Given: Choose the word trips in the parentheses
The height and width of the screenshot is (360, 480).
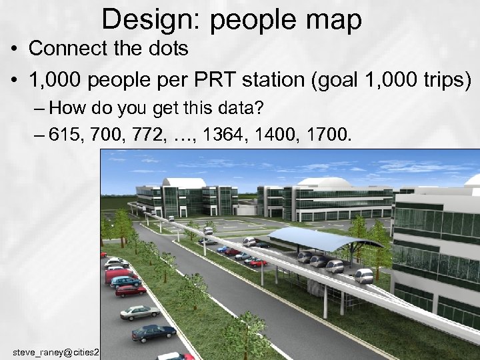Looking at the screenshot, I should tap(443, 81).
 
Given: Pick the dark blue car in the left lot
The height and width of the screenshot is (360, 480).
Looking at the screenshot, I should tap(153, 332).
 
